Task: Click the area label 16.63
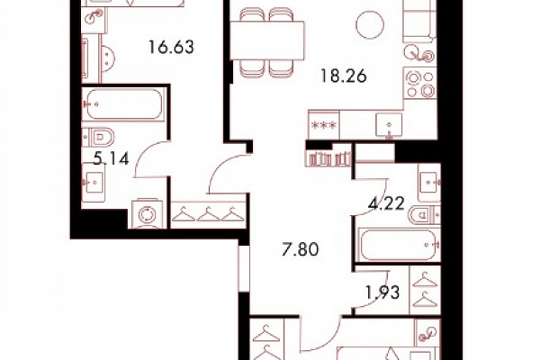pos(171,47)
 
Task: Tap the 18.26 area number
pos(344,76)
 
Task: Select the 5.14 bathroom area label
pos(112,158)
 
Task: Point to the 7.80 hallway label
pos(301,249)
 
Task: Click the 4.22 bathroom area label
pos(386,204)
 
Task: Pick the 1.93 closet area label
pos(382,292)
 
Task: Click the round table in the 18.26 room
pos(370,24)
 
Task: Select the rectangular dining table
pos(267,40)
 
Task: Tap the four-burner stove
pos(420,83)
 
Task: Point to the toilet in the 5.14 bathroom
pos(98,138)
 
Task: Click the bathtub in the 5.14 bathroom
pos(123,104)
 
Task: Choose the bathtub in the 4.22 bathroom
pos(399,245)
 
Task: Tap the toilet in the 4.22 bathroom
pos(424,215)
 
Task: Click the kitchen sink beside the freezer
pos(389,125)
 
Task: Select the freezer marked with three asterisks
pos(324,125)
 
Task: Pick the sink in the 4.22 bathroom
pos(429,182)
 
